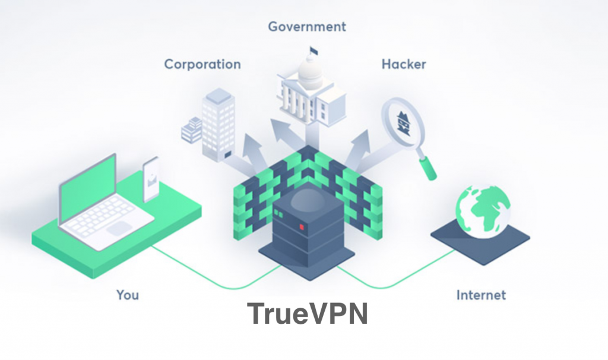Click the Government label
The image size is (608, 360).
pos(307,27)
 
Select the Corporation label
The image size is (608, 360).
pos(202,64)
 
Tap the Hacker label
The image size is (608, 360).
pos(404,64)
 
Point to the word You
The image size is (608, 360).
pos(128,295)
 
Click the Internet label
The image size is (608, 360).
pos(481,295)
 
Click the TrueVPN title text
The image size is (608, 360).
pos(308,314)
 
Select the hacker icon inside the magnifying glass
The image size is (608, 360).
pos(403,122)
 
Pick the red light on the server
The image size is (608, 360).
pos(301,226)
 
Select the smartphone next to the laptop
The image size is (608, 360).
pos(151,179)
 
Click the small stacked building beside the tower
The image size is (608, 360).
pos(192,130)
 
